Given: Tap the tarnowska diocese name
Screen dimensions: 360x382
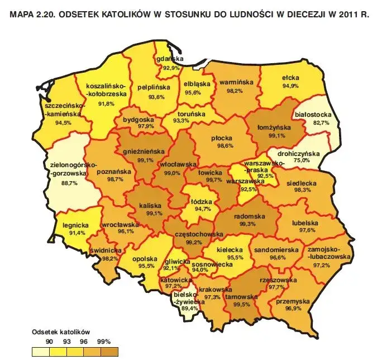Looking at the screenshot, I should (x=241, y=297).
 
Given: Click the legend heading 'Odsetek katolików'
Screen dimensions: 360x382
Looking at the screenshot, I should (x=61, y=331).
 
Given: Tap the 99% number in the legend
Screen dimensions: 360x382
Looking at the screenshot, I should (x=104, y=341).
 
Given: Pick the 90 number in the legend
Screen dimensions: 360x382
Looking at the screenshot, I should (x=49, y=341).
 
